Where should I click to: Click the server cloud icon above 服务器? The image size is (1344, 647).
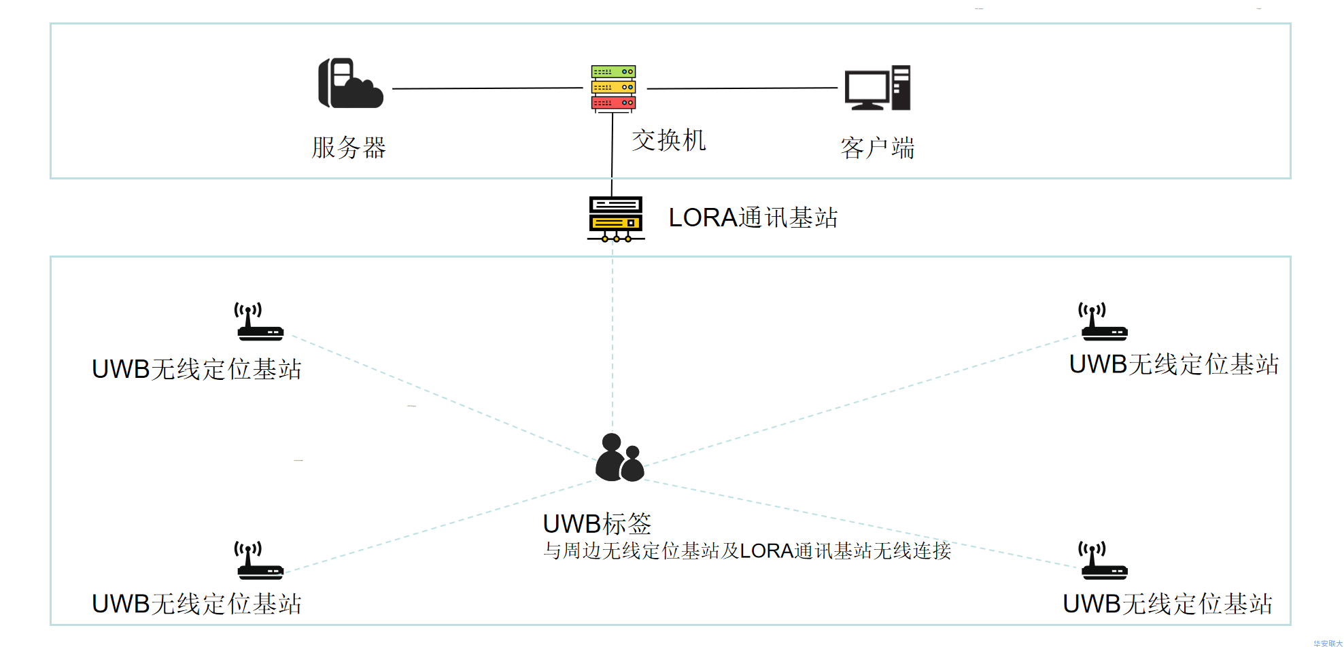[x=350, y=84]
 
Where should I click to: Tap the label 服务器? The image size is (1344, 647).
[x=349, y=147]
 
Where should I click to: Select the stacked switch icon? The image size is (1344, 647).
[x=613, y=88]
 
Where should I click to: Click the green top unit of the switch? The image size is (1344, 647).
[x=613, y=71]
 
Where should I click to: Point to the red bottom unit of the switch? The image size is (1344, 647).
[x=613, y=103]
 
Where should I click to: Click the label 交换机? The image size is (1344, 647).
[x=669, y=141]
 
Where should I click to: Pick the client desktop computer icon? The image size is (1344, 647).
[x=877, y=88]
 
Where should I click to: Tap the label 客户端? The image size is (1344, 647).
[x=877, y=147]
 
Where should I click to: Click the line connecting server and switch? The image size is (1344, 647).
[x=487, y=88]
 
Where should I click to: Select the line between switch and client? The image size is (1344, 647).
[x=742, y=88]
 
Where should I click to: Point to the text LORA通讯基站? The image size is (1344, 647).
[x=753, y=218]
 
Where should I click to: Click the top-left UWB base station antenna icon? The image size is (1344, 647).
[x=258, y=321]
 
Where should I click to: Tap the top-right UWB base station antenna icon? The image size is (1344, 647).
[x=1103, y=321]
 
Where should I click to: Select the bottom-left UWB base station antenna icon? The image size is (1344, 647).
[x=258, y=560]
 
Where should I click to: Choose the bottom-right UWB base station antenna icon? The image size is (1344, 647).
[x=1103, y=560]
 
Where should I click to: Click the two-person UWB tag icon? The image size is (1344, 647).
[x=619, y=457]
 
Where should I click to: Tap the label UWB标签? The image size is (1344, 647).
[x=596, y=524]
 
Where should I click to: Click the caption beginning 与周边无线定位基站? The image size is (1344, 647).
[x=746, y=550]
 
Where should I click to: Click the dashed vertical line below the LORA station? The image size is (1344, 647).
[x=613, y=340]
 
